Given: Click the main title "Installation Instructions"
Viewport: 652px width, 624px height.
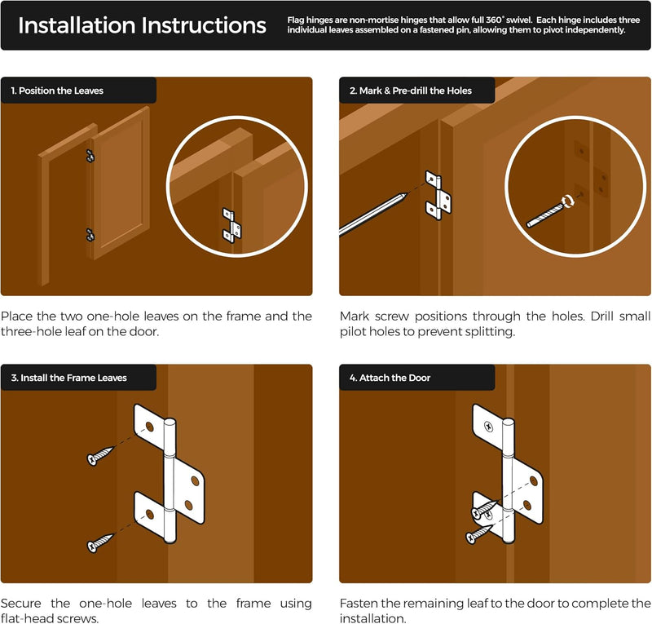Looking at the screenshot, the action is click(x=142, y=25).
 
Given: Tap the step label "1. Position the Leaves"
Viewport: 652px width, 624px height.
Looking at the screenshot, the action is click(x=57, y=91).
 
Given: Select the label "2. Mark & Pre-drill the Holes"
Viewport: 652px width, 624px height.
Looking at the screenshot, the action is click(x=411, y=91).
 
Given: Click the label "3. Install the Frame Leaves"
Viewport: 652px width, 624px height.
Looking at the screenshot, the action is click(x=69, y=378).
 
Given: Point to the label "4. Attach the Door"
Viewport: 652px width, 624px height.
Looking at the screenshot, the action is click(x=390, y=378).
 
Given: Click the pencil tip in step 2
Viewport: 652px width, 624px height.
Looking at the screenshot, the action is click(x=405, y=195).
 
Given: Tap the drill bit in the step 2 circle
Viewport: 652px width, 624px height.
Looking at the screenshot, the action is click(x=545, y=215).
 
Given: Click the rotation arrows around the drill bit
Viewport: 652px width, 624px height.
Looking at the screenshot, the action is click(x=568, y=201).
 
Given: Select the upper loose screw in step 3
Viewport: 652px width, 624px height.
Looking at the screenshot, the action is click(x=100, y=455).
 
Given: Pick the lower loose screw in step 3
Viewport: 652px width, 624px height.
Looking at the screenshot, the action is click(x=100, y=542).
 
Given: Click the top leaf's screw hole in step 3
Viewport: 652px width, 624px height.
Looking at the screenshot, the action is click(x=150, y=427).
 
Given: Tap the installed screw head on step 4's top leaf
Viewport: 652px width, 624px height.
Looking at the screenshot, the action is click(x=488, y=427).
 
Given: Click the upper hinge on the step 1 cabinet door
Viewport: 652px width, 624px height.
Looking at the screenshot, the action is click(x=90, y=156).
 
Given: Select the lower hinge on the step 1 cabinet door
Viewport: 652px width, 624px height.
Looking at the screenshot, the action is click(x=90, y=235).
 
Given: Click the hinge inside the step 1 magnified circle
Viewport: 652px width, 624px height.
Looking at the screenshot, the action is click(x=231, y=226).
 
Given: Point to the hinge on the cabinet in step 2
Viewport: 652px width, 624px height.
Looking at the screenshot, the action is click(x=438, y=195).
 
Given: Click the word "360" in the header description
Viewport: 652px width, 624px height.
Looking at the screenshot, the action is click(x=494, y=20).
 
